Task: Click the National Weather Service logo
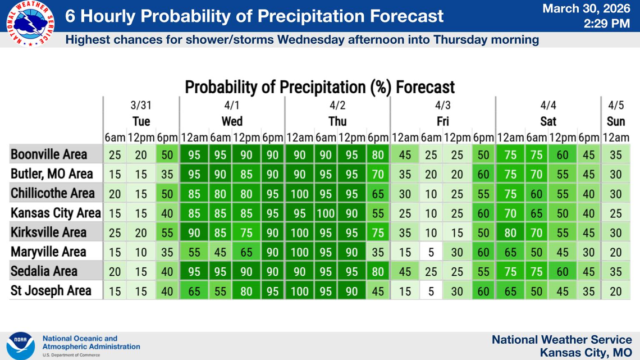[30, 23]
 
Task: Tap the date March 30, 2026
[587, 9]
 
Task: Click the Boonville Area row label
[49, 154]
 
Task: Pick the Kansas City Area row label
[56, 213]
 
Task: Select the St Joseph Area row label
[51, 291]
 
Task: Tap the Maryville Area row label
[48, 252]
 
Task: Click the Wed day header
[232, 121]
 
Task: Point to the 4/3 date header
[442, 105]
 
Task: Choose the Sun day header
[616, 121]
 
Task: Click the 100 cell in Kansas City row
[326, 213]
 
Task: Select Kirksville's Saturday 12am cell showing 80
[510, 233]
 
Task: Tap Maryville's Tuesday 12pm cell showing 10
[141, 252]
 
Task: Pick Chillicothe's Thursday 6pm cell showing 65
[378, 194]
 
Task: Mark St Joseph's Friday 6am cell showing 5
[431, 291]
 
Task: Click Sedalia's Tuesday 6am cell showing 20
[115, 272]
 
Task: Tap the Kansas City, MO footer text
[586, 352]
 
